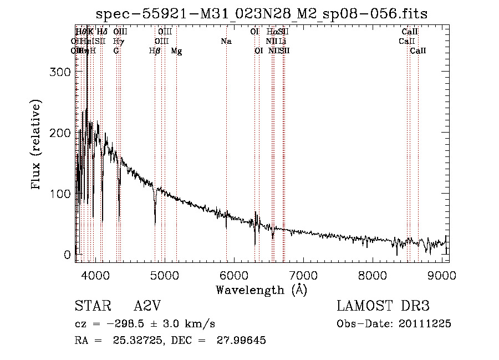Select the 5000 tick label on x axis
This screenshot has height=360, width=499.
pos(165,275)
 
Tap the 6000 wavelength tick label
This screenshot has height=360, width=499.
pos(234,275)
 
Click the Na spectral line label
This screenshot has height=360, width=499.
pos(226,42)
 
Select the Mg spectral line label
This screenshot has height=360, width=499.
pos(176,51)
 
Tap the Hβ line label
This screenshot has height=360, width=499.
pos(155,51)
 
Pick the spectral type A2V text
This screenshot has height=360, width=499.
pos(147,306)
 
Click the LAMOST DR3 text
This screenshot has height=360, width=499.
pos(383,306)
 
